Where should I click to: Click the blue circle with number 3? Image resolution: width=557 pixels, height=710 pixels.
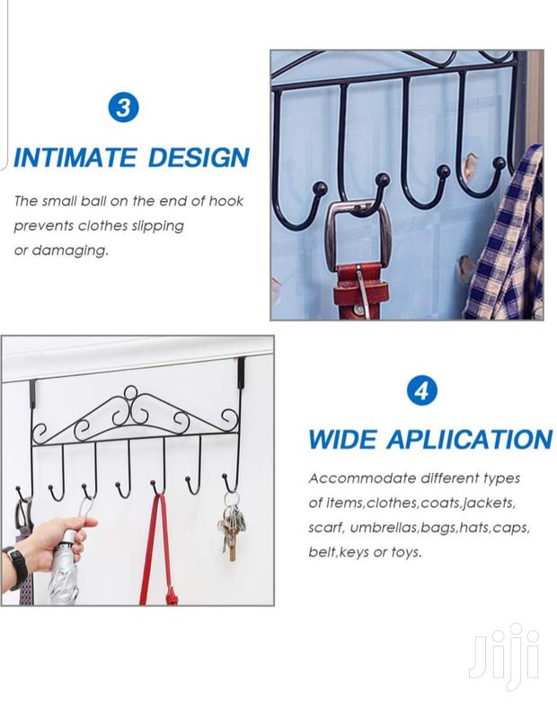click(123, 108)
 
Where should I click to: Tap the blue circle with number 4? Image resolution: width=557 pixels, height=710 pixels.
click(421, 390)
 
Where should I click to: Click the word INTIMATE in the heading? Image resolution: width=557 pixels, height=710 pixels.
click(75, 158)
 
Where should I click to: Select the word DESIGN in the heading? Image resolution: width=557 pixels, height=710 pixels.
click(199, 158)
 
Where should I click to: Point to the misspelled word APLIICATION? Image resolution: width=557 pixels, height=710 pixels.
click(470, 439)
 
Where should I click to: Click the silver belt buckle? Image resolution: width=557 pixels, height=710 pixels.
click(359, 236)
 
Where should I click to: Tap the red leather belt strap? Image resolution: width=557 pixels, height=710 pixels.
click(361, 291)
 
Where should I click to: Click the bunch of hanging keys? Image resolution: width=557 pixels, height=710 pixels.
click(232, 527)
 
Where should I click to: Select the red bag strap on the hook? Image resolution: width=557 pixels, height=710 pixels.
click(156, 549)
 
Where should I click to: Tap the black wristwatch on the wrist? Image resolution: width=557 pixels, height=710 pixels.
click(17, 567)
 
